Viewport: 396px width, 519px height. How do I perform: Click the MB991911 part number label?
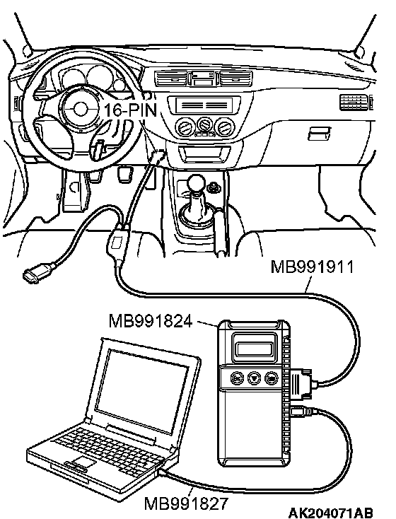click(x=312, y=267)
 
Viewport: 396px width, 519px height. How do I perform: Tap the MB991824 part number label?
click(x=151, y=321)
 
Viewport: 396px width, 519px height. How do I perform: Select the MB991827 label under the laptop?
click(x=186, y=503)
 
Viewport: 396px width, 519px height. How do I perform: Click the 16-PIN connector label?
click(x=131, y=110)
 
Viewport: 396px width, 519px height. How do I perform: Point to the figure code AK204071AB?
click(x=331, y=513)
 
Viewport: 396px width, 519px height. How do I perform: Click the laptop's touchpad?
click(x=84, y=461)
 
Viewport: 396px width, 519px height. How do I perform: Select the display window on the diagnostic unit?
click(x=255, y=349)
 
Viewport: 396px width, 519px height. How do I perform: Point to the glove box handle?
click(x=318, y=134)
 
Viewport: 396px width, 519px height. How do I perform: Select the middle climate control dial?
click(x=204, y=125)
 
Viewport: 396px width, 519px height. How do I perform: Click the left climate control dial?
click(x=185, y=128)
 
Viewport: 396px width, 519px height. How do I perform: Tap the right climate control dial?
click(x=224, y=127)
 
